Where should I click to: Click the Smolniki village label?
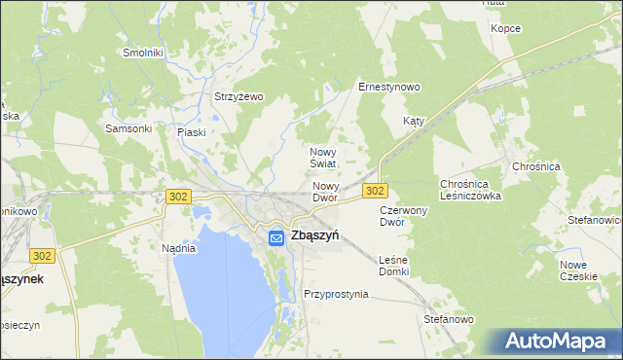pos(142,52)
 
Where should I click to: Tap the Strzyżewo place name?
pos(239,96)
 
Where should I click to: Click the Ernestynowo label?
pos(388,87)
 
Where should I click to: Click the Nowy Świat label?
pos(322,158)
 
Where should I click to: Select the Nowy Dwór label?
pos(325,191)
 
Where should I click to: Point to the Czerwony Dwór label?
pos(404,215)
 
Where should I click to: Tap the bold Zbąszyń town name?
pos(314,235)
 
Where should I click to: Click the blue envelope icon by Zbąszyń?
pos(276,236)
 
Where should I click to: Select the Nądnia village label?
pos(179,248)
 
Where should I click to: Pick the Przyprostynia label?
pos(336,293)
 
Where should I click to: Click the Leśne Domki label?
pos(393,266)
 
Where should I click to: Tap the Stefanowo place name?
pos(448,318)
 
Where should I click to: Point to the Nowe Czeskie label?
pos(578,270)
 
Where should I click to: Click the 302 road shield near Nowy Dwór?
pos(375,191)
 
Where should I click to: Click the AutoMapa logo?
pos(556,342)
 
